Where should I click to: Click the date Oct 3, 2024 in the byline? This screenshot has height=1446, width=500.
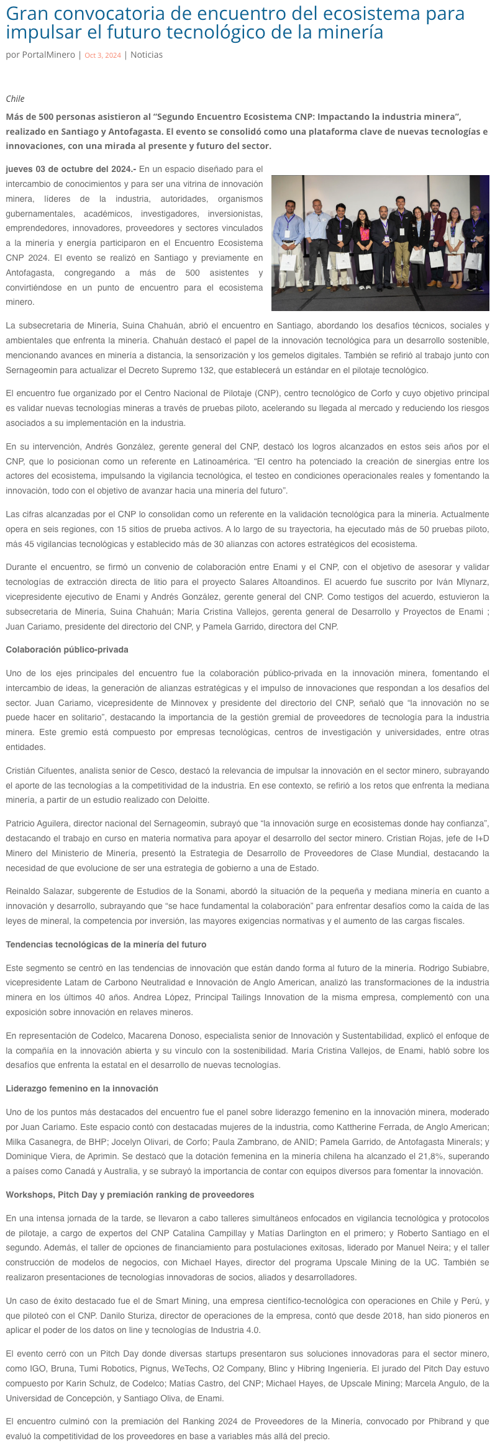point(102,55)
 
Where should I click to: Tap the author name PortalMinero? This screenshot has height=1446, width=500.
point(48,55)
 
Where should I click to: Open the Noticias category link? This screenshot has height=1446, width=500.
point(147,55)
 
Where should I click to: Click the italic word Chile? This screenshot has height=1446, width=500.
point(15,99)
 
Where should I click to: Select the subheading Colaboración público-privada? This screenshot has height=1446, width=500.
point(67,649)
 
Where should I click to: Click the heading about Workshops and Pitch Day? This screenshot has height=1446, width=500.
point(130,1195)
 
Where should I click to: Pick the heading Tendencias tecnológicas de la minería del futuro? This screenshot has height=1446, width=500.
point(106,944)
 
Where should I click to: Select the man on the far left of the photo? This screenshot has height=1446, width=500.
point(289,233)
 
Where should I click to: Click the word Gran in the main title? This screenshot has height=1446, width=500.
point(25,13)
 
